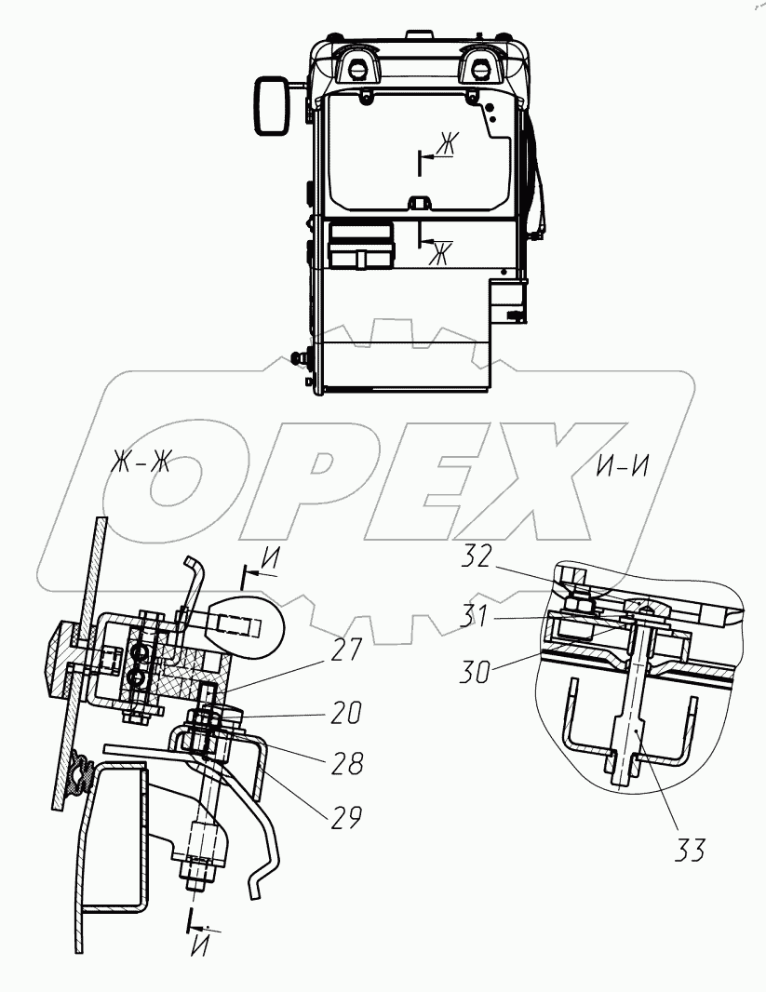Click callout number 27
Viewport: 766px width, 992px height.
[x=346, y=650]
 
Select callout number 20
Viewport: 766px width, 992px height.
[x=344, y=714]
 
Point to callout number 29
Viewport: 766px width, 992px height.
[x=345, y=817]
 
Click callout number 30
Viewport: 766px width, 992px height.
[x=475, y=671]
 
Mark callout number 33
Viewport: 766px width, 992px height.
[x=689, y=850]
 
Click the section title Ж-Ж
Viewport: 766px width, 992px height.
[x=141, y=462]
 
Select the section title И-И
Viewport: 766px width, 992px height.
[x=623, y=466]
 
